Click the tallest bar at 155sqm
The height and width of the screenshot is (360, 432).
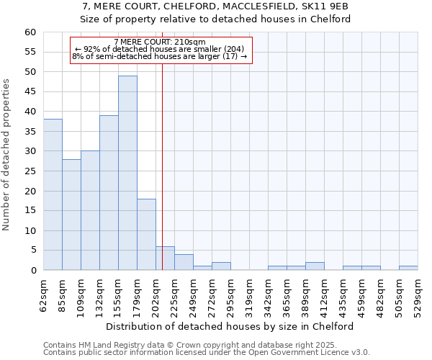127,173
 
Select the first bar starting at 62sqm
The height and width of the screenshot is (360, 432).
53,194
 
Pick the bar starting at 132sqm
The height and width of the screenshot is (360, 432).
109,192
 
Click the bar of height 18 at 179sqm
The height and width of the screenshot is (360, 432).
146,234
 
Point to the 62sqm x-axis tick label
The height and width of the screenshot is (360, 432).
43,295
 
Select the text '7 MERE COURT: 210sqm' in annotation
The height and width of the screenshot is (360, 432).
160,42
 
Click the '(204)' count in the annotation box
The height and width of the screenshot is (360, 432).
238,49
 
